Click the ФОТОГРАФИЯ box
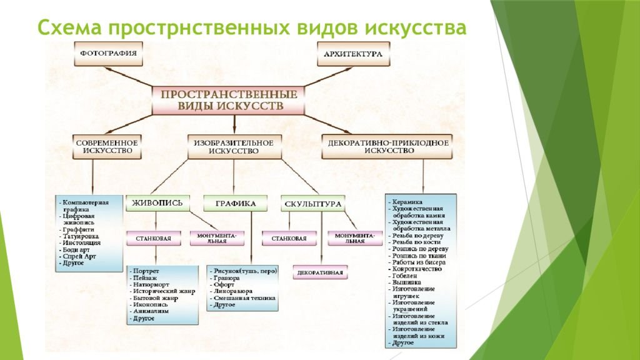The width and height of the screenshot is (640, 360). [x=107, y=54]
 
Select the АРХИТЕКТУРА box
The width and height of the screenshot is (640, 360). [x=352, y=54]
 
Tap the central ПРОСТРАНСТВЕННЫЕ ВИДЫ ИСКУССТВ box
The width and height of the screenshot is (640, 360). [x=230, y=100]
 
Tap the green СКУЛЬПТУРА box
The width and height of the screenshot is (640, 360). [x=312, y=204]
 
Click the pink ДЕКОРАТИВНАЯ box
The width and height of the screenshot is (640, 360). [x=321, y=272]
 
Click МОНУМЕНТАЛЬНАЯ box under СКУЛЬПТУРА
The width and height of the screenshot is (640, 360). [x=354, y=238]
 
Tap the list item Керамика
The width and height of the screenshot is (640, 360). [x=407, y=202]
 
